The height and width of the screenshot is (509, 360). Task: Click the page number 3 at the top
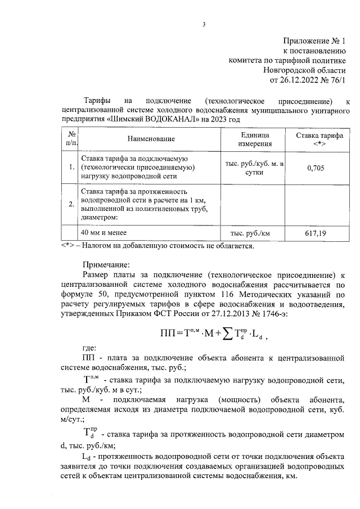pos(204,24)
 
